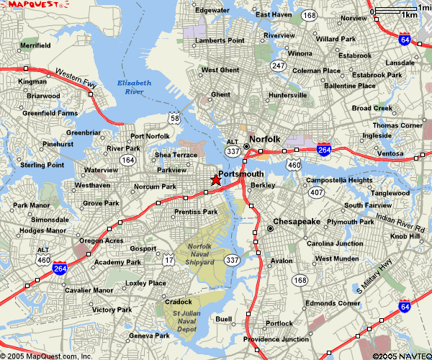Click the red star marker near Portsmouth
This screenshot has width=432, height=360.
[x=215, y=181]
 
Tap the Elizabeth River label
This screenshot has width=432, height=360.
[x=134, y=87]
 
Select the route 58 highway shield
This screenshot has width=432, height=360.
[x=175, y=117]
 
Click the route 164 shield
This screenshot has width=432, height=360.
[x=127, y=159]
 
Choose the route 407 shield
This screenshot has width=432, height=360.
[x=316, y=192]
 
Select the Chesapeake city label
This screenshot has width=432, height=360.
[x=297, y=222]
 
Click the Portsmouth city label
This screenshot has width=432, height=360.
[x=240, y=174]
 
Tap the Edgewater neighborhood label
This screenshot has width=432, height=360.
[x=212, y=11]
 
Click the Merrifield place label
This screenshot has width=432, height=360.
[x=35, y=45]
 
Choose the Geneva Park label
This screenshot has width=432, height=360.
[x=149, y=336]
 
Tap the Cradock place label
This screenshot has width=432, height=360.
[x=178, y=302]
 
